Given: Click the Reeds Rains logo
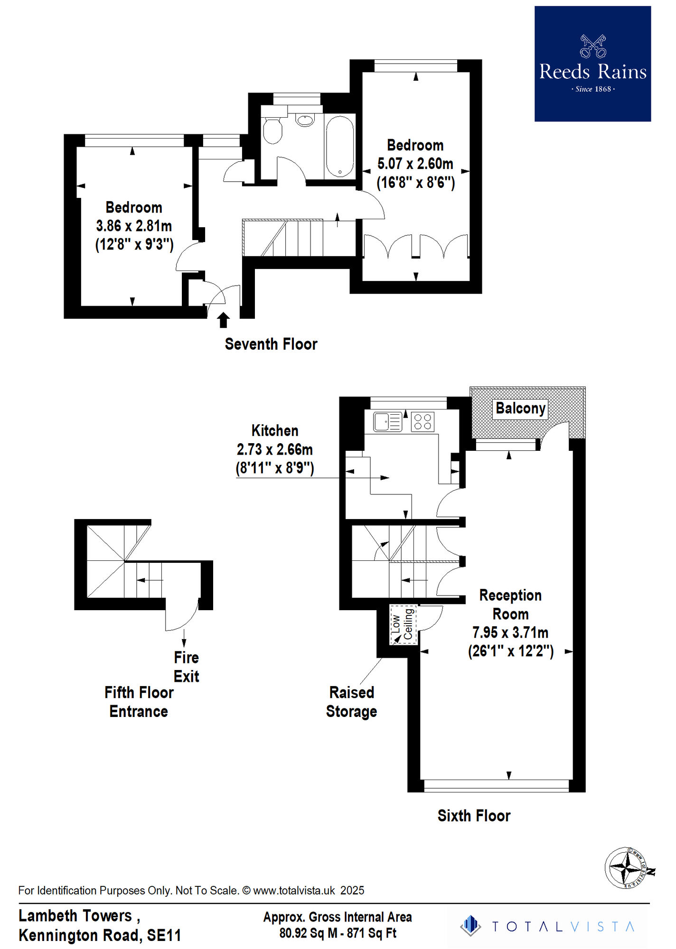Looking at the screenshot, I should click(x=592, y=64).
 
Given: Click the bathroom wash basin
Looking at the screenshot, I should click(x=305, y=120).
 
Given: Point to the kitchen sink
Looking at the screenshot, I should click(x=387, y=421).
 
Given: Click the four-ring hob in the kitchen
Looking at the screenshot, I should click(x=422, y=421).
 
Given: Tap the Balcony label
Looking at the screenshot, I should click(x=520, y=409).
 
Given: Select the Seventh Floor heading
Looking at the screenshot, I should click(x=271, y=344).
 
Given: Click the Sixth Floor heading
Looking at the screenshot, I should click(x=474, y=816).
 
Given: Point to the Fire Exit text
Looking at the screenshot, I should click(x=186, y=667).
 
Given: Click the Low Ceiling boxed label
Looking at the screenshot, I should click(x=403, y=624).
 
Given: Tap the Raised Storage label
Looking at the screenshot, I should click(x=351, y=702).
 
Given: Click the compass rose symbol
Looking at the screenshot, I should click(x=628, y=867).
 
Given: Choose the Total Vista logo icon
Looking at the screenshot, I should click(x=470, y=926).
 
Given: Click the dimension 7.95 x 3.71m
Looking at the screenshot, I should click(x=510, y=633).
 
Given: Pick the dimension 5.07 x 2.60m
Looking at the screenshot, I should click(x=415, y=164).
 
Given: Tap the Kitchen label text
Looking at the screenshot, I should click(x=275, y=430).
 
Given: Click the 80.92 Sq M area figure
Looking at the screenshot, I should click(x=308, y=933).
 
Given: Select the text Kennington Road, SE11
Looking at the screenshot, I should click(x=100, y=935).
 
